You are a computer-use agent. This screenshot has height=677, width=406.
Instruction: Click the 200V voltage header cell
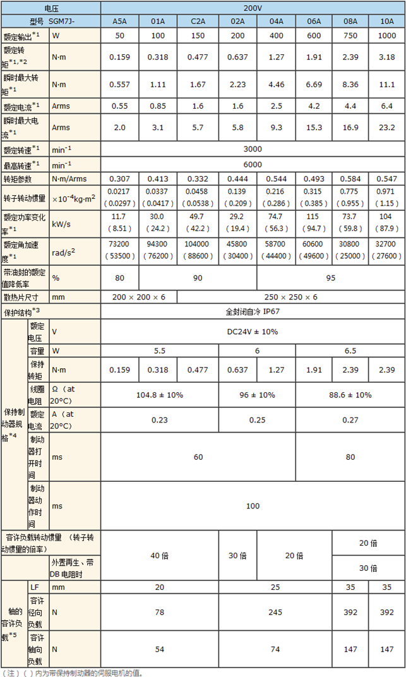coord(253,8)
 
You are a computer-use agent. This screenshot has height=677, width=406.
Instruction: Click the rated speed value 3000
coord(253,149)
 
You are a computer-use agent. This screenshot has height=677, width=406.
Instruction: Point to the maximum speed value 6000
coord(253,164)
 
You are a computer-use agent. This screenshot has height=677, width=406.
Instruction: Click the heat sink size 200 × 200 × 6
coord(138,296)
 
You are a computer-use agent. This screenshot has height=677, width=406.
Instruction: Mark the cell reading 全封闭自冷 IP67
coord(253,311)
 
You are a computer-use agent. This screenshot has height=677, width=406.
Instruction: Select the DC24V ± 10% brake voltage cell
coord(253,331)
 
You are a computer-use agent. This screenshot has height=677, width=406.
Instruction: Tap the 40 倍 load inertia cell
coord(158,555)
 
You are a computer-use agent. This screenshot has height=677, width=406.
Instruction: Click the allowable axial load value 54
coord(158,648)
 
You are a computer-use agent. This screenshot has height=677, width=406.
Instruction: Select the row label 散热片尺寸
coord(21,296)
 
